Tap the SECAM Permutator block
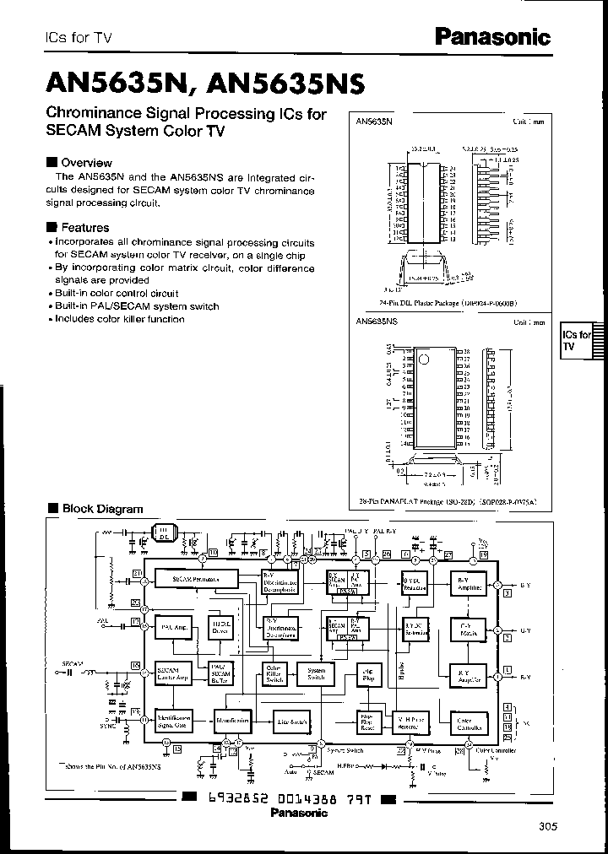[x=195, y=580]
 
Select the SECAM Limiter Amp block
[x=171, y=673]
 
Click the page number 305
[x=546, y=826]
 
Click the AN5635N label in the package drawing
[x=374, y=122]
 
